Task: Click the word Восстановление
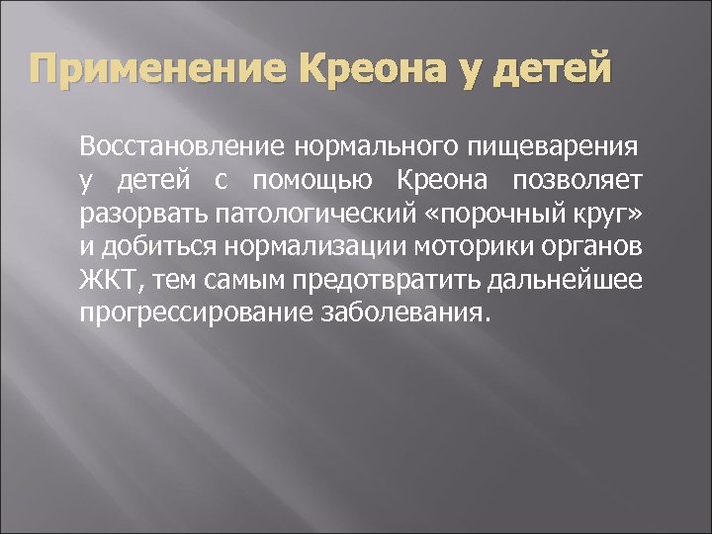[183, 148]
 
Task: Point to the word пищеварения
[553, 148]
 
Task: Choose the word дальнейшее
[564, 281]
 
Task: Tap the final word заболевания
[405, 314]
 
